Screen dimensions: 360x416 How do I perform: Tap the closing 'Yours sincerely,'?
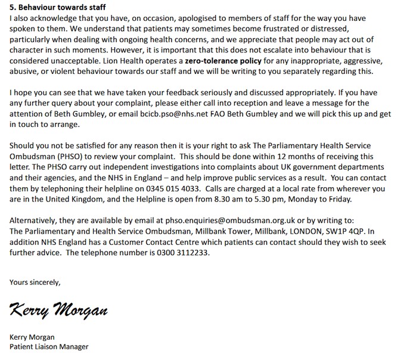[35, 281]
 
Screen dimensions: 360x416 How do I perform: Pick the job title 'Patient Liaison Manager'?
[49, 346]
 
